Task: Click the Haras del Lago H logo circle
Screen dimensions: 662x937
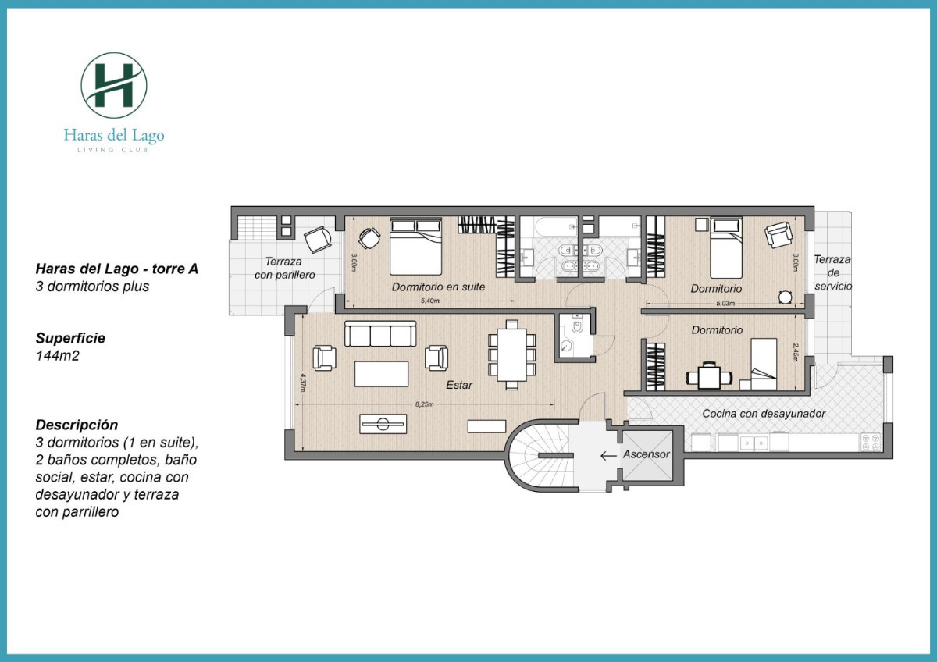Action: [114, 85]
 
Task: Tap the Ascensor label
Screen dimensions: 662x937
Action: [645, 454]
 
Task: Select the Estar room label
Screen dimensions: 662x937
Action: [459, 385]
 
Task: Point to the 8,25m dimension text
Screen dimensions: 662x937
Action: [424, 404]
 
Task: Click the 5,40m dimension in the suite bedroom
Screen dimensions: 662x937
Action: [430, 301]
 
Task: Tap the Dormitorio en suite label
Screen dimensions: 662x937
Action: [438, 287]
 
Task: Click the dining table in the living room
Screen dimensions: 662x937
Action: [512, 354]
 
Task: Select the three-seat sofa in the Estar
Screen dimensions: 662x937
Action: [380, 335]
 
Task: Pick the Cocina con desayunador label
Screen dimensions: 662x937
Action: [763, 414]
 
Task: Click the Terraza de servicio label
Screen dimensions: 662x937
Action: [832, 272]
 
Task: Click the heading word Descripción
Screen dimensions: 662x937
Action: [77, 425]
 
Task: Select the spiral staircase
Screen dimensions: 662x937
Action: [537, 460]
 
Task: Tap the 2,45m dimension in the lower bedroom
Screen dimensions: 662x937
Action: [796, 352]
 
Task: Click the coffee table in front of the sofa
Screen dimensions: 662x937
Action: [381, 373]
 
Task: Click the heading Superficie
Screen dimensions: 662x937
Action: [70, 339]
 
